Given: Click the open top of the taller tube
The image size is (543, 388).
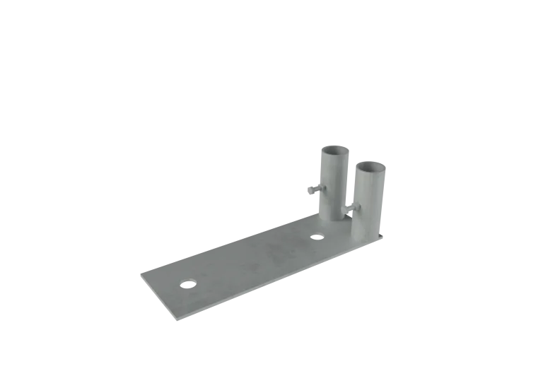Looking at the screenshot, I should pos(334,150).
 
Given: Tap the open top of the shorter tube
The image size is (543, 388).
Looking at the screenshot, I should pos(373,167).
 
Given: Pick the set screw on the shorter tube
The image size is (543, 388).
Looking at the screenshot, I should pos(352,208).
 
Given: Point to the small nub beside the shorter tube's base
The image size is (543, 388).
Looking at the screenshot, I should pos(382,234).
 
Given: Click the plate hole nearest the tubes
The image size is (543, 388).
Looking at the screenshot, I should pos(318,235).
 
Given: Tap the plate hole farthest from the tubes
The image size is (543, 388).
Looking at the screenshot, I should pos(188,282).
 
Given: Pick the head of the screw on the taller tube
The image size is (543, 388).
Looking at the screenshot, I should pos(309,190).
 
